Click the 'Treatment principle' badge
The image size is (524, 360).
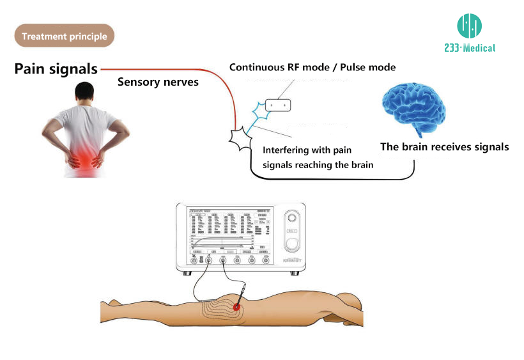(64, 36)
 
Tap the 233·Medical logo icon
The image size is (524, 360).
(469, 26)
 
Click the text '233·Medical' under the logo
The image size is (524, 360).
(469, 47)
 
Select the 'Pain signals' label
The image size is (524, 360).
(56, 69)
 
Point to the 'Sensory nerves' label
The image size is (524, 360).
(158, 82)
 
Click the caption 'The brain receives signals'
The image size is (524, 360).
(444, 147)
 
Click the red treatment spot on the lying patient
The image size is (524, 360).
(237, 308)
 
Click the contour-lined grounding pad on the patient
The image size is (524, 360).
(217, 311)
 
